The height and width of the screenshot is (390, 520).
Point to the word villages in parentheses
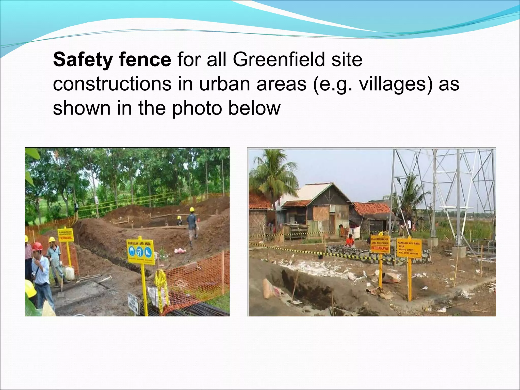(393, 84)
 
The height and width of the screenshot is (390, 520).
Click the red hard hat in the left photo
(37, 246)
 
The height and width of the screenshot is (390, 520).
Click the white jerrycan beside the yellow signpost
(70, 273)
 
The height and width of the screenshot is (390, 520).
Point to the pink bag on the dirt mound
(180, 251)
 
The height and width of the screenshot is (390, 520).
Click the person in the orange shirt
(350, 241)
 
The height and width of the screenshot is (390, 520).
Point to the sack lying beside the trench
(270, 288)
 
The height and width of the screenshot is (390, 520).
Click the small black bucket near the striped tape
(321, 257)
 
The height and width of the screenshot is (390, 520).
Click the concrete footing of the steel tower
(458, 252)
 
